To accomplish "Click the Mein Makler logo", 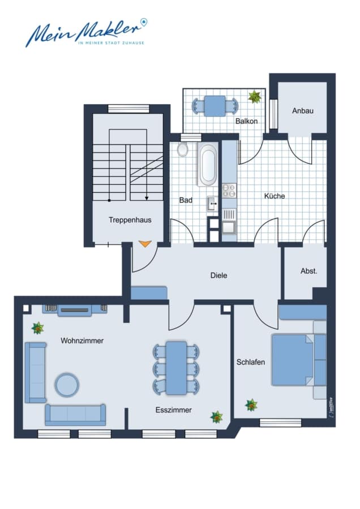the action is pos(87,33).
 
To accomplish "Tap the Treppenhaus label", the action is pos(130,220).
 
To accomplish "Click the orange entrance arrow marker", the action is pos(145,244).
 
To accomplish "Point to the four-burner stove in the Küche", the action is pos(229,191).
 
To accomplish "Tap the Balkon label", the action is pos(247,121).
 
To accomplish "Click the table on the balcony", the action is pos(215,106).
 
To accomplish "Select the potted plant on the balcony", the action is pos(255,96).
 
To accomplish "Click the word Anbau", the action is pos(303,111).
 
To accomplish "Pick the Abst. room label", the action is pos(308,271).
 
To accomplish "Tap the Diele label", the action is pos(218,275).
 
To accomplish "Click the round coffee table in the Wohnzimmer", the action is pos(67,385).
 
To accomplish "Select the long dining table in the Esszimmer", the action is pos(176,368).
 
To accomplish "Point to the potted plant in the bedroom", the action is pos(251,405).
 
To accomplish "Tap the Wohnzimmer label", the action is pos(82,340).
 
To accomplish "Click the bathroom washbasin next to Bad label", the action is pos(213,204).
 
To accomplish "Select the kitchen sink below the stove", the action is pos(229,222).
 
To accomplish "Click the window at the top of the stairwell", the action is pos(128,109).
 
